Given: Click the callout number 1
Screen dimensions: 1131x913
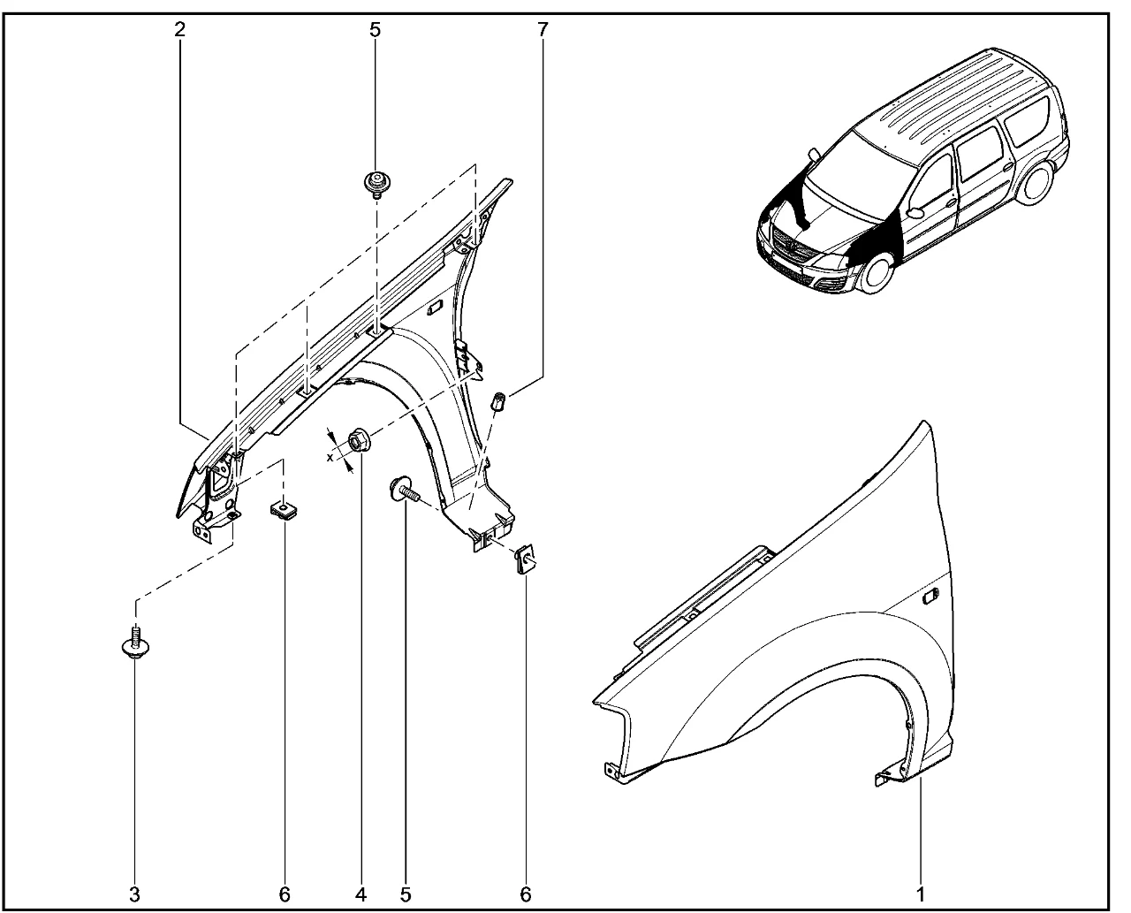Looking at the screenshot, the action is (x=920, y=894).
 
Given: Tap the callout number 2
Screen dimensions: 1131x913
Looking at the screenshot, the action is (x=179, y=29).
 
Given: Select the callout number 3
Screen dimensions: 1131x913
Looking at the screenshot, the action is (x=134, y=894).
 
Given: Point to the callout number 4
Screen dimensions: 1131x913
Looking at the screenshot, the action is (x=361, y=894).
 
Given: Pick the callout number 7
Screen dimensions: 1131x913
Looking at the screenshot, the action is (x=543, y=29).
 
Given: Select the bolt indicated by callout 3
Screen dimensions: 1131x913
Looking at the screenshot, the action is (x=135, y=643).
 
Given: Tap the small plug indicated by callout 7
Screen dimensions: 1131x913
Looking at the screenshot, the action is (x=498, y=400).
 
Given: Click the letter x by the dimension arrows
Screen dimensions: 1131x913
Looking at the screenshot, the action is (x=330, y=457).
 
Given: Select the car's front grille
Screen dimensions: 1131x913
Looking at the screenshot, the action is (x=795, y=249).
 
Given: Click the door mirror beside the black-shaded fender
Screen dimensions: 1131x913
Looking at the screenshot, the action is (x=914, y=212).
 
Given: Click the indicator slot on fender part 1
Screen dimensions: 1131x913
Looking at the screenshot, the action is (x=931, y=597).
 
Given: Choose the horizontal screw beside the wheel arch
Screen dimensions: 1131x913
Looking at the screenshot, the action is (x=405, y=490).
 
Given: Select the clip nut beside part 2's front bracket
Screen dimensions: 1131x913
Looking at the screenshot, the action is (x=284, y=512).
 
